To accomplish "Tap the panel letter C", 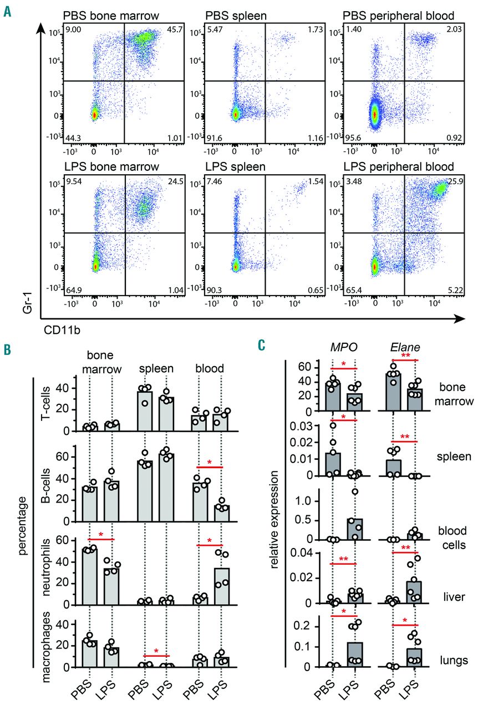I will [x=263, y=344].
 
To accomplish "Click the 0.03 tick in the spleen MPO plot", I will [x=306, y=425].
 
